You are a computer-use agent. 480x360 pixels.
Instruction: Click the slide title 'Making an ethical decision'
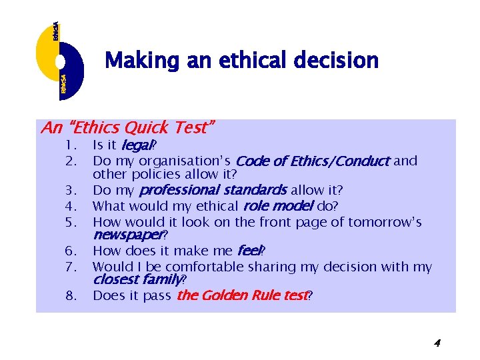pos(241,61)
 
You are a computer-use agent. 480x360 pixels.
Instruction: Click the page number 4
pos(437,343)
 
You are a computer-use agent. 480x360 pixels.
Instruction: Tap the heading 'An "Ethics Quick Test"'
pos(128,127)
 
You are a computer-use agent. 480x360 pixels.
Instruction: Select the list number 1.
pos(69,145)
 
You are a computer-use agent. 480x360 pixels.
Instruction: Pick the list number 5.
pos(69,222)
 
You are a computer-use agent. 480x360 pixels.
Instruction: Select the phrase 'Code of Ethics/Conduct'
pos(313,161)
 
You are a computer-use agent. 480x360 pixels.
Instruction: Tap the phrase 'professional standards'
pos(212,191)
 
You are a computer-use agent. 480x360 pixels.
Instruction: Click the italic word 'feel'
pos(249,251)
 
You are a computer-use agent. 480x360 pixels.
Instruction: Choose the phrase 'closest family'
pos(137,280)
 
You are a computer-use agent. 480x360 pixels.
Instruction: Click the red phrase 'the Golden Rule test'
pos(241,296)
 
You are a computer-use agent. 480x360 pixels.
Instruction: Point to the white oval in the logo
pos(60,62)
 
